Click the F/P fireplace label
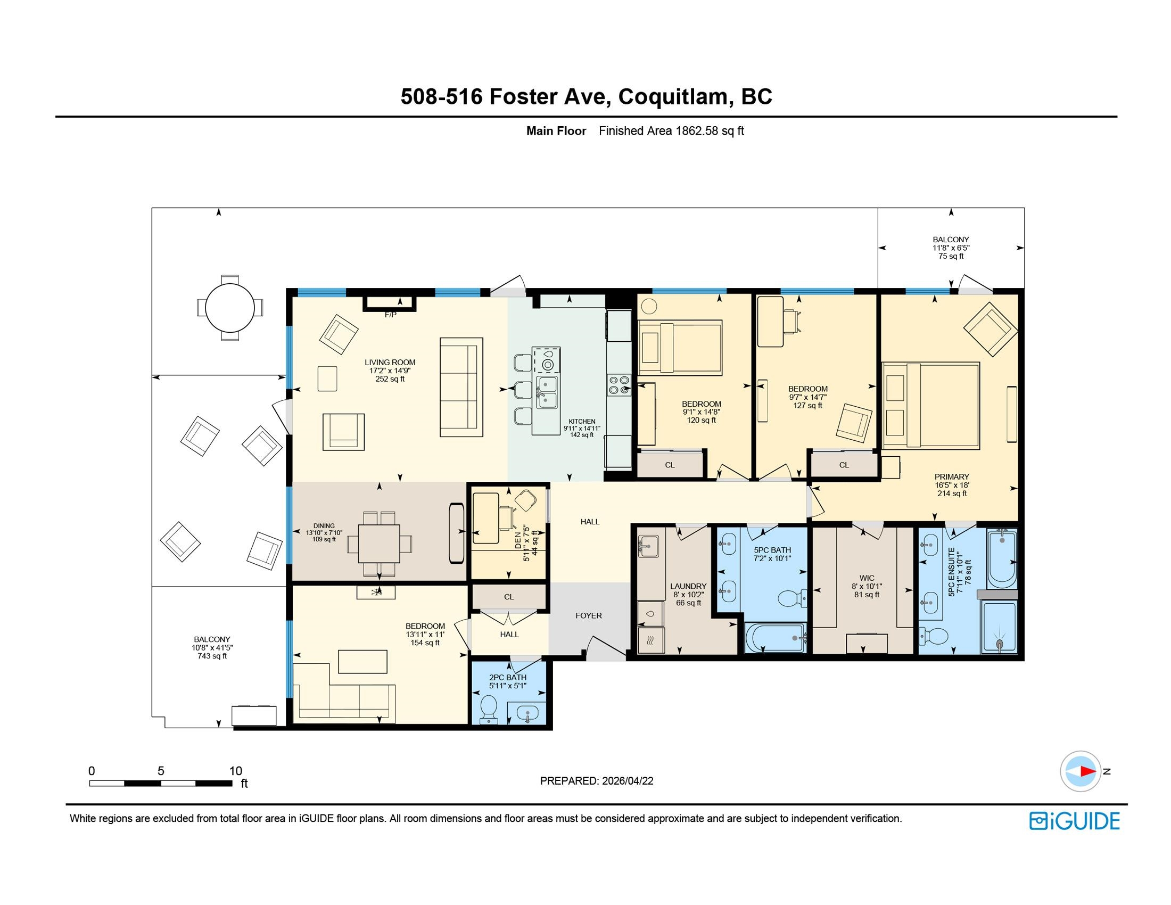(390, 315)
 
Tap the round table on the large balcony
(230, 308)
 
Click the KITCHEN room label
(582, 422)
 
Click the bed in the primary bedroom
(931, 405)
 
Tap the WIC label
(867, 578)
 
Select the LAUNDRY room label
(688, 586)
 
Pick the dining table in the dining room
(379, 542)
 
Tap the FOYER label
(589, 615)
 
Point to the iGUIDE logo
(1075, 821)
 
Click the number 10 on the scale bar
(235, 771)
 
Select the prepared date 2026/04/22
(628, 780)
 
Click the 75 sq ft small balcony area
(951, 256)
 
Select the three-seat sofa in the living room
(461, 386)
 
